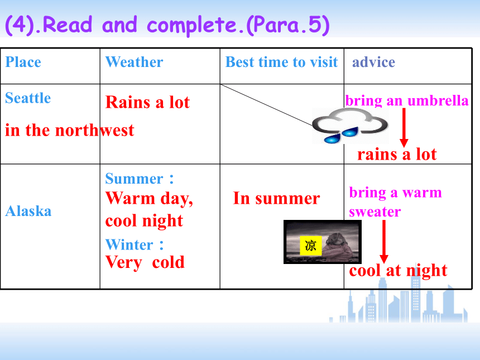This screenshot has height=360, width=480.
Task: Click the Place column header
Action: tap(23, 62)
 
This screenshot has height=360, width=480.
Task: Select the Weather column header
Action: tap(134, 62)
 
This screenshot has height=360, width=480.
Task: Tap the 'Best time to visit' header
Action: tap(282, 62)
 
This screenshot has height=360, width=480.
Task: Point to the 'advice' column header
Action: tap(373, 62)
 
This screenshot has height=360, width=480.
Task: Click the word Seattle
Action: tap(28, 98)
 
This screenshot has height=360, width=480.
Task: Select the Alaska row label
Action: tap(28, 211)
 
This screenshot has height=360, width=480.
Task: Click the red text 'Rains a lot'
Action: tap(147, 102)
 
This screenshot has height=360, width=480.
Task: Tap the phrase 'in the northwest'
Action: tap(70, 131)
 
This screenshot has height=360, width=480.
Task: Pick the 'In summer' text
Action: tap(276, 198)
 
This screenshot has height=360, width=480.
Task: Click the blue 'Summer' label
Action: tap(134, 179)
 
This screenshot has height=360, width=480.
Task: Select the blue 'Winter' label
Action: tap(129, 245)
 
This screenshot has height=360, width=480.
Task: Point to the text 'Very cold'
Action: tap(145, 263)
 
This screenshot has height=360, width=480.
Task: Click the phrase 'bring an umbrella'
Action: tap(407, 100)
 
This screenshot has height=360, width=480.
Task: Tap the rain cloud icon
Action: tap(350, 126)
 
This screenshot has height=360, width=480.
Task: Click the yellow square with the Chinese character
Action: tap(311, 246)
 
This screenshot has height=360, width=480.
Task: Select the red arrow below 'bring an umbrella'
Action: tap(404, 127)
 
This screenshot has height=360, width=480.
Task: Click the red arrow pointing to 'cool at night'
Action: tap(384, 242)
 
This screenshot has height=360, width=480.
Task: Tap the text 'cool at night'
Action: tap(398, 271)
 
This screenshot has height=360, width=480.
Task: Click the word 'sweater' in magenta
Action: tap(375, 212)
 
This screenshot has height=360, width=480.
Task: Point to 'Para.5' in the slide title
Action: tap(288, 25)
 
